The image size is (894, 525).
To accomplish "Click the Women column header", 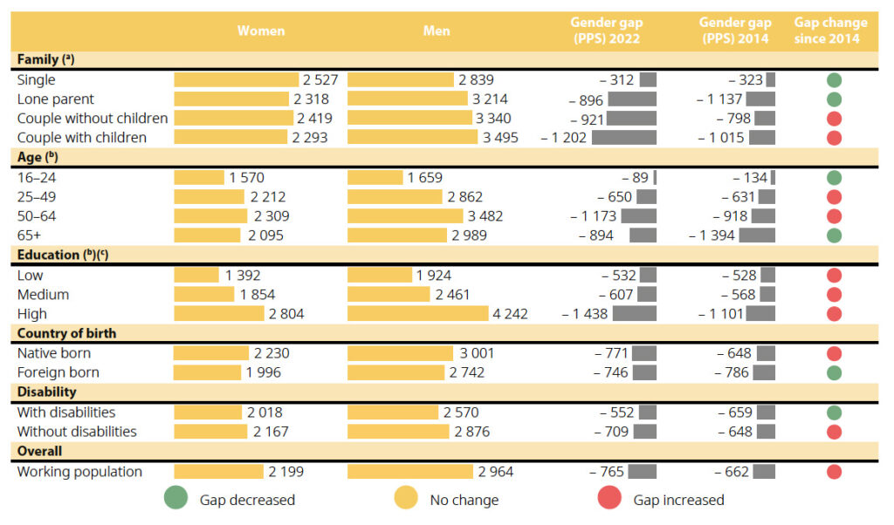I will pyautogui.click(x=261, y=31).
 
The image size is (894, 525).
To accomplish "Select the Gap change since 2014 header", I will pyautogui.click(x=830, y=31).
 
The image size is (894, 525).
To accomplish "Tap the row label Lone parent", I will pyautogui.click(x=56, y=99).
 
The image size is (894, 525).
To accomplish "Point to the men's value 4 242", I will pyautogui.click(x=511, y=314).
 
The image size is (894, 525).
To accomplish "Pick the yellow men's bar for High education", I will pyautogui.click(x=418, y=314).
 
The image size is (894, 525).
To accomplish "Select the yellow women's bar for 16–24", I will pyautogui.click(x=199, y=178).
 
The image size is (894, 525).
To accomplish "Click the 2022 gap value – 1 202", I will pyautogui.click(x=564, y=138).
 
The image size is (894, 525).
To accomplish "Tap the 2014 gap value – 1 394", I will pyautogui.click(x=712, y=235).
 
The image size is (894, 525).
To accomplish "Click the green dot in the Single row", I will pyautogui.click(x=834, y=80).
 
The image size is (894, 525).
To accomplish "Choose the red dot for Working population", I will pyautogui.click(x=834, y=472).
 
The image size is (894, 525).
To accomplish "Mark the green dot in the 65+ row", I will pyautogui.click(x=834, y=235).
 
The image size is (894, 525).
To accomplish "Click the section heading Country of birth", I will pyautogui.click(x=66, y=333).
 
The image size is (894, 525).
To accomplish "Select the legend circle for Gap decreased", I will pyautogui.click(x=175, y=500).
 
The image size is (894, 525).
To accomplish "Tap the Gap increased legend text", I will pyautogui.click(x=678, y=501).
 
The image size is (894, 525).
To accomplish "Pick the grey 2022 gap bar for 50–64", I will pyautogui.click(x=638, y=216).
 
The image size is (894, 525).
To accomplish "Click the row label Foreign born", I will pyautogui.click(x=58, y=372).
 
